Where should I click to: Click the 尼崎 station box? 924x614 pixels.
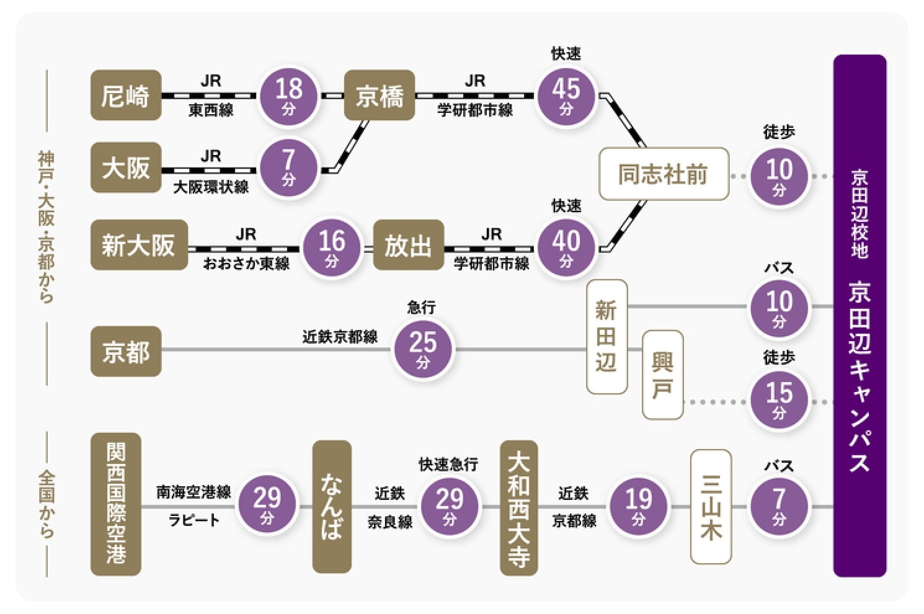point(126,95)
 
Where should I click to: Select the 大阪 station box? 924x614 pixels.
point(126,167)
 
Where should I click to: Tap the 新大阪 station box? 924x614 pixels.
point(139,245)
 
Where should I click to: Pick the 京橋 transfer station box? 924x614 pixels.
point(380,95)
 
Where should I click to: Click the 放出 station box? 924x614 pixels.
point(408,245)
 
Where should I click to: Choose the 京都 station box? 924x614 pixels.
point(126,352)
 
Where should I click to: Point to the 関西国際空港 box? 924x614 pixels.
point(116,504)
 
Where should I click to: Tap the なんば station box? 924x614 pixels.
point(332,506)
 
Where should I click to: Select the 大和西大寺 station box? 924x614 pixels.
point(518,507)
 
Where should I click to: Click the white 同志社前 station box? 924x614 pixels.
point(664,174)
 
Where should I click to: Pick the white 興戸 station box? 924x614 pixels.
point(662,375)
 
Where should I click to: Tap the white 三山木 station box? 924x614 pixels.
point(711,506)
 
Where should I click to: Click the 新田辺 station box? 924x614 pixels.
point(606,337)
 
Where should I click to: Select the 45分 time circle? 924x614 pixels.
point(566,95)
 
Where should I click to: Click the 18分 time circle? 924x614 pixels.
point(289,95)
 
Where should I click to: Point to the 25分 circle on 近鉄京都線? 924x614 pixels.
point(423,349)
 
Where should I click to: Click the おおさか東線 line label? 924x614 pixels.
point(246,264)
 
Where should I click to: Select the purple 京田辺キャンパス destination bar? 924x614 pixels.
point(860,316)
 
